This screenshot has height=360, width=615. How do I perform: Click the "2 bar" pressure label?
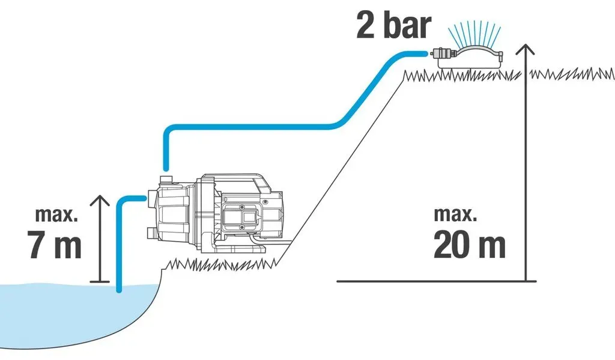point(393,25)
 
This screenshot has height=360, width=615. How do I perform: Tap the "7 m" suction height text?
point(54,244)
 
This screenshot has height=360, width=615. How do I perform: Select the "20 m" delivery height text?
point(470,244)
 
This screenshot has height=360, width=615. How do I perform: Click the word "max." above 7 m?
point(56,215)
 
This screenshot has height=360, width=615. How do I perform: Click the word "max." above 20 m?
point(455,215)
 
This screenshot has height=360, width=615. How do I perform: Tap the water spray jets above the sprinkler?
point(474,34)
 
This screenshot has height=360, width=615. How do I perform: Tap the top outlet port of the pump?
point(167,180)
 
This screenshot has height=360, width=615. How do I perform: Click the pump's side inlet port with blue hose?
point(151,199)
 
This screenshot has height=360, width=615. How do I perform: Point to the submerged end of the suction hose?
point(119,290)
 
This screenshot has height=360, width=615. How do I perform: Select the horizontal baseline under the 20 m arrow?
point(436,281)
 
